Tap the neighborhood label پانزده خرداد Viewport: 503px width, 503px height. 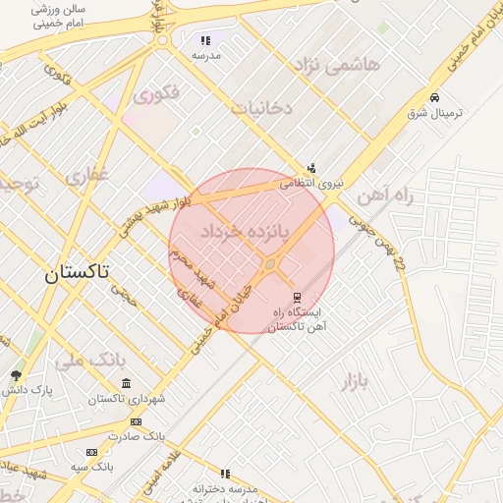click(x=247, y=233)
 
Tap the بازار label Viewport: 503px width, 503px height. click(x=360, y=380)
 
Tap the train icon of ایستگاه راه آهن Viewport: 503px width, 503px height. click(x=297, y=299)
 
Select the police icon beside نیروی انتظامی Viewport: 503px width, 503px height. click(x=311, y=168)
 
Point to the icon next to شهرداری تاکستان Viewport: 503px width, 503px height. click(x=136, y=384)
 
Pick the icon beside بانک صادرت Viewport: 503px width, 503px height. click(x=136, y=420)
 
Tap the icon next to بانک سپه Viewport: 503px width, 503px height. click(x=92, y=452)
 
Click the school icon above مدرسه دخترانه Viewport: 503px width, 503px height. click(x=226, y=474)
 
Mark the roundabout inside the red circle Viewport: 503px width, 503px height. click(x=270, y=263)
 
